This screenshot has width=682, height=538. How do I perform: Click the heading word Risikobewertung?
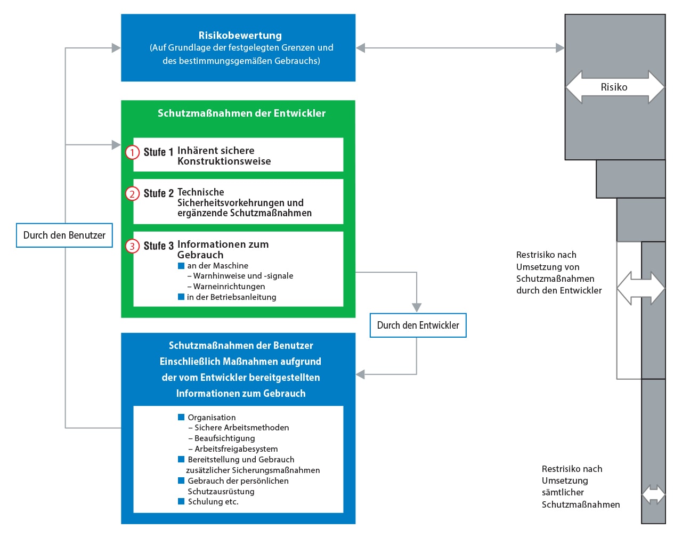(x=240, y=35)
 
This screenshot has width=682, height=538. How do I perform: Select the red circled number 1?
(x=132, y=152)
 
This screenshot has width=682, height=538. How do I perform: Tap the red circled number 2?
(x=132, y=193)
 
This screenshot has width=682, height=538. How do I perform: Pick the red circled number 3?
(x=132, y=246)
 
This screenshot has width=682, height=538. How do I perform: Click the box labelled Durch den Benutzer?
(x=64, y=235)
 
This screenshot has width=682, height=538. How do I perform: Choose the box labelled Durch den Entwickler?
(x=418, y=325)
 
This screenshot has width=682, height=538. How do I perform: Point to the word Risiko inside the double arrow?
(x=614, y=87)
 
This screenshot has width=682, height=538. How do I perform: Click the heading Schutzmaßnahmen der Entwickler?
(x=241, y=113)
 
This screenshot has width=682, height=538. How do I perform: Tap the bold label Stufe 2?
(x=158, y=193)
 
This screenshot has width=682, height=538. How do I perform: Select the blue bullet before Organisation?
(x=181, y=417)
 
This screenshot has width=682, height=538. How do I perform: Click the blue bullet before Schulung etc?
(x=181, y=501)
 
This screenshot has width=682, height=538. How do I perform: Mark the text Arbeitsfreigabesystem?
(x=236, y=449)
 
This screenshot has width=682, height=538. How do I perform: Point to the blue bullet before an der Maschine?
(x=181, y=265)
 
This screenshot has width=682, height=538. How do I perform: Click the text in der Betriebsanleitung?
(x=231, y=297)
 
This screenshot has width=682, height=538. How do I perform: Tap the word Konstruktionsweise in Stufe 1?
(x=224, y=161)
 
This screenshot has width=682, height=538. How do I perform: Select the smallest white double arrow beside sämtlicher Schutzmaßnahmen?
(x=653, y=494)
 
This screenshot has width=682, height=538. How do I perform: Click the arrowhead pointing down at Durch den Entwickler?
(x=417, y=307)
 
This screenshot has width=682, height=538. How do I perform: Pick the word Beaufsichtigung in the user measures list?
(x=225, y=438)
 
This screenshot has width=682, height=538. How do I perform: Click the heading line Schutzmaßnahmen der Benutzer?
(x=241, y=345)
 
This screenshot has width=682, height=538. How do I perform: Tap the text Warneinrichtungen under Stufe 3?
(x=229, y=287)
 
